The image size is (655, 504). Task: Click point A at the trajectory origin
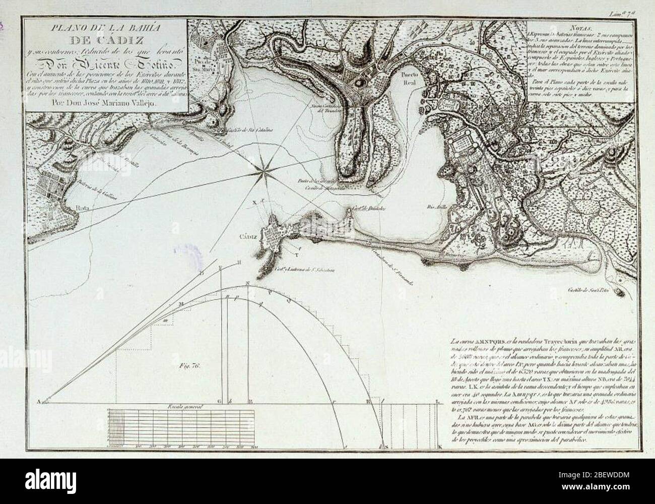tap(39, 402)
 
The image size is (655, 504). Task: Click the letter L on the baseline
tap(437, 402)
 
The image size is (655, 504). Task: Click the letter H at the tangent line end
tap(240, 261)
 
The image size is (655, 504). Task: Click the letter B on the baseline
tap(250, 402)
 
